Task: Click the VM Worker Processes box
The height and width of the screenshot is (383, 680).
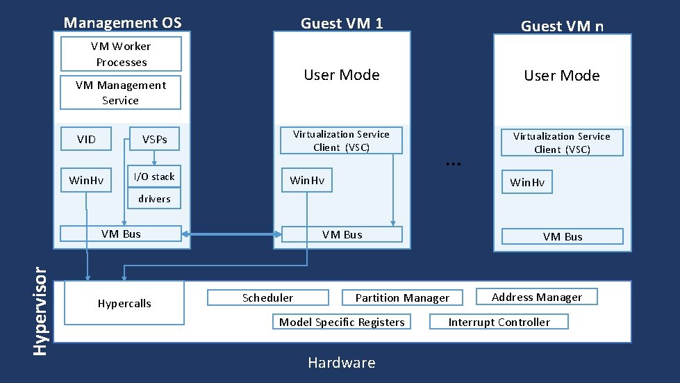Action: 121,54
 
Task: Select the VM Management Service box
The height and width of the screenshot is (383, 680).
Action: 120,92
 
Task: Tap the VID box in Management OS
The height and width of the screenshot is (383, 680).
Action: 86,140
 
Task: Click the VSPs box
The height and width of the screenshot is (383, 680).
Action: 154,140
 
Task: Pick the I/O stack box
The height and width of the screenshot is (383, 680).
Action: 154,177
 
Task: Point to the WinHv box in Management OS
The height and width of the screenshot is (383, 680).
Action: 86,181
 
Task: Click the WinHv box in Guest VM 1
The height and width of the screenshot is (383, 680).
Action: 307,181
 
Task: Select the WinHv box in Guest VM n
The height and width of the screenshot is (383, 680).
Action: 527,183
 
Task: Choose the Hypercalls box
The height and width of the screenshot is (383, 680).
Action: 124,303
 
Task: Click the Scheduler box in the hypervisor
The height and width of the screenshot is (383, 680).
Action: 267,298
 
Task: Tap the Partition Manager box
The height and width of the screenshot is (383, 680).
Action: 401,298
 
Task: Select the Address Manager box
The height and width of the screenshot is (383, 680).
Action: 536,297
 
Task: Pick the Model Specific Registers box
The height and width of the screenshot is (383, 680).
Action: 341,322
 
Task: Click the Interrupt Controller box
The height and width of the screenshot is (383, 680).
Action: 499,322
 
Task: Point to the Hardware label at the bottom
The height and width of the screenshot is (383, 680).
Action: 341,363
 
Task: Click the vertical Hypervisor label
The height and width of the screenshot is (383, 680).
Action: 42,304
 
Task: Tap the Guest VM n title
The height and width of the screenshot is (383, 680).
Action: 562,26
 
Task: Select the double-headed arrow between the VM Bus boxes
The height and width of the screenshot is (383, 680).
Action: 231,235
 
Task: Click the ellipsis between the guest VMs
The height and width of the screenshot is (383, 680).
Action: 453,163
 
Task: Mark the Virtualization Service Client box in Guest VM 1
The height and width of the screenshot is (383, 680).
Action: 341,140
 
